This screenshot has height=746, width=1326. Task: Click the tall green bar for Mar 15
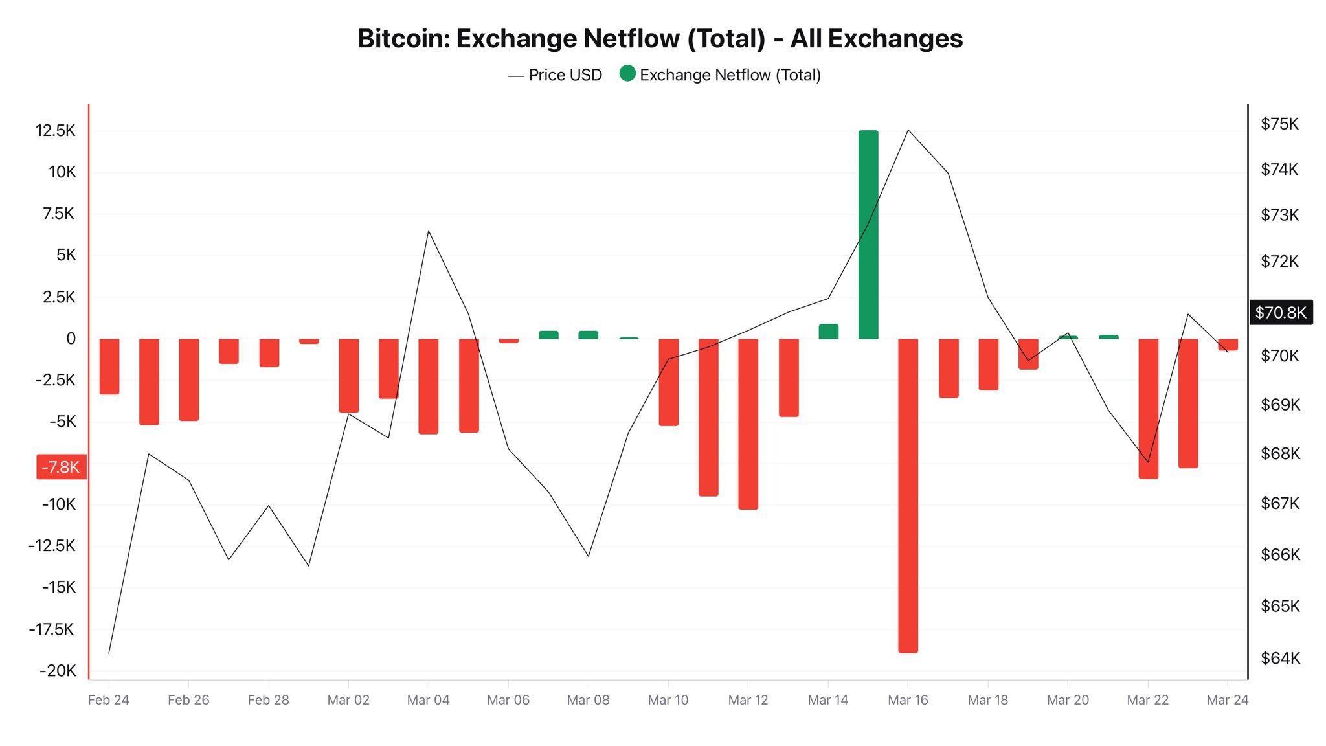[868, 234]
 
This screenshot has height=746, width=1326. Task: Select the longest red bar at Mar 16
[908, 495]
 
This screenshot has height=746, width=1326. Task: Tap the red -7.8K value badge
[61, 467]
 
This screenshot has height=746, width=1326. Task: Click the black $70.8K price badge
[1280, 313]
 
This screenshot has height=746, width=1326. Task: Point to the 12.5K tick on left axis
[56, 131]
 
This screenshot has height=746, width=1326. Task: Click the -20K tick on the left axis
[58, 671]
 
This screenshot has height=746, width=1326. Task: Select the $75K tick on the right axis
[1279, 124]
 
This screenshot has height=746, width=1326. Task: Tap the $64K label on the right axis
[1280, 658]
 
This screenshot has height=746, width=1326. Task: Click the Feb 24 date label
[108, 700]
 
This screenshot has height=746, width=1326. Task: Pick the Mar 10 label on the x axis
[668, 700]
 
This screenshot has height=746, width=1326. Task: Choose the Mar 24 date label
[1227, 700]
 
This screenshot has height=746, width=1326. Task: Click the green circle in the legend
[627, 74]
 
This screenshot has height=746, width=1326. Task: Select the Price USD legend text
[565, 75]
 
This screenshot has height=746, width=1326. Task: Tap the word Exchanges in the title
[895, 39]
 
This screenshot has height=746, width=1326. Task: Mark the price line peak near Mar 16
[908, 130]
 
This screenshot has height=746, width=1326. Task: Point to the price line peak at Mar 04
[429, 231]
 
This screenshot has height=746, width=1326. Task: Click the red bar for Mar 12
[748, 424]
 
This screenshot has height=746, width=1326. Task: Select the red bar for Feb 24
[109, 366]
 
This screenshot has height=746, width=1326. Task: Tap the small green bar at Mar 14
[828, 332]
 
